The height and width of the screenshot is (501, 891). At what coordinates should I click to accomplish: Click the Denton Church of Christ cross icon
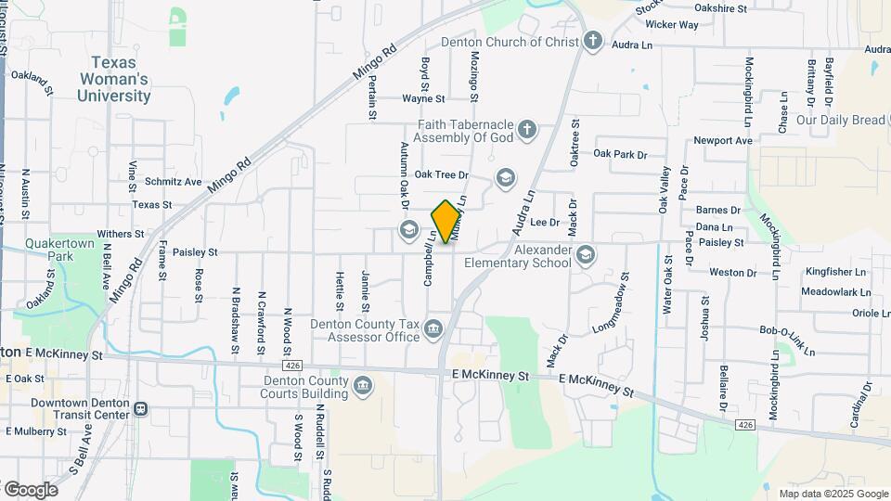click(x=594, y=42)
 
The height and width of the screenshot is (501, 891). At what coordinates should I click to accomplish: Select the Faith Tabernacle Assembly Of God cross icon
click(x=527, y=129)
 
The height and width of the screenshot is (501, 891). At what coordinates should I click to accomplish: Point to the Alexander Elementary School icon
click(x=585, y=254)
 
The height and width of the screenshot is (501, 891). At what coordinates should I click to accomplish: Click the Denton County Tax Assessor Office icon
click(x=433, y=329)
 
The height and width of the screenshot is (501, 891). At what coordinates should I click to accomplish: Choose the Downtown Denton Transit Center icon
click(x=140, y=408)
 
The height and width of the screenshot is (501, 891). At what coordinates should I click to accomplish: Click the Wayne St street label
click(x=423, y=98)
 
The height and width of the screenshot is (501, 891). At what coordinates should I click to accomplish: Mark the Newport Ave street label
click(x=723, y=141)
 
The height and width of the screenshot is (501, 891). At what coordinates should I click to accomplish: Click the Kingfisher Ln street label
click(x=836, y=272)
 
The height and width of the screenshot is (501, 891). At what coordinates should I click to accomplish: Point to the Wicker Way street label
click(x=671, y=25)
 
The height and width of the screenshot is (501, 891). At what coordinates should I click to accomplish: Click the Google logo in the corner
click(x=30, y=489)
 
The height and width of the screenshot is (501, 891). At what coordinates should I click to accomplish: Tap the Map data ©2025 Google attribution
click(x=833, y=494)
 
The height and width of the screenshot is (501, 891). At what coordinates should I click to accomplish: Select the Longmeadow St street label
click(x=610, y=303)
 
